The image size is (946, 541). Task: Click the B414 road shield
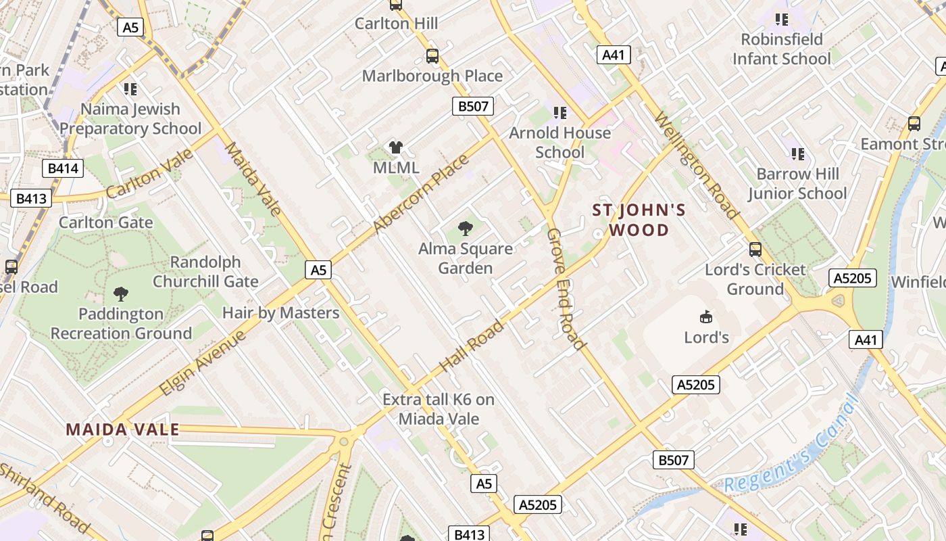pyautogui.click(x=63, y=168)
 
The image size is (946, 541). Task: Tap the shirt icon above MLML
pyautogui.click(x=396, y=147)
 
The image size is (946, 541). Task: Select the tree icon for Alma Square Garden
pyautogui.click(x=466, y=228)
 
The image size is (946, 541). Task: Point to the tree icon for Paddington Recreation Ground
pyautogui.click(x=121, y=293)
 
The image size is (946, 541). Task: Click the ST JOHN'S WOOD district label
pyautogui.click(x=639, y=220)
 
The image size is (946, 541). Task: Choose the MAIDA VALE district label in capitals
pyautogui.click(x=122, y=429)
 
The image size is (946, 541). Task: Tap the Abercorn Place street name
pyautogui.click(x=420, y=195)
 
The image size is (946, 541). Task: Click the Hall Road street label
pyautogui.click(x=472, y=346)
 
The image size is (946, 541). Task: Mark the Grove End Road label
pyautogui.click(x=566, y=289)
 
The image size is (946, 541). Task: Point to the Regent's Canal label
pyautogui.click(x=791, y=446)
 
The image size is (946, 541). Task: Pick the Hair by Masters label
pyautogui.click(x=280, y=313)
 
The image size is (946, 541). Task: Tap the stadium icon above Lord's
pyautogui.click(x=706, y=316)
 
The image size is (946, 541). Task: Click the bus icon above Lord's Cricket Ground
pyautogui.click(x=755, y=250)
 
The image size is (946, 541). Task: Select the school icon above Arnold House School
pyautogui.click(x=559, y=112)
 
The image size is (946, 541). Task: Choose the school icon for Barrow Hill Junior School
pyautogui.click(x=797, y=154)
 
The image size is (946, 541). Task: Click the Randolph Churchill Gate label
pyautogui.click(x=205, y=272)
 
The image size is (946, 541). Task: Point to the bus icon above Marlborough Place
pyautogui.click(x=432, y=55)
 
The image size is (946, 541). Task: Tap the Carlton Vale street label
pyautogui.click(x=149, y=174)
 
